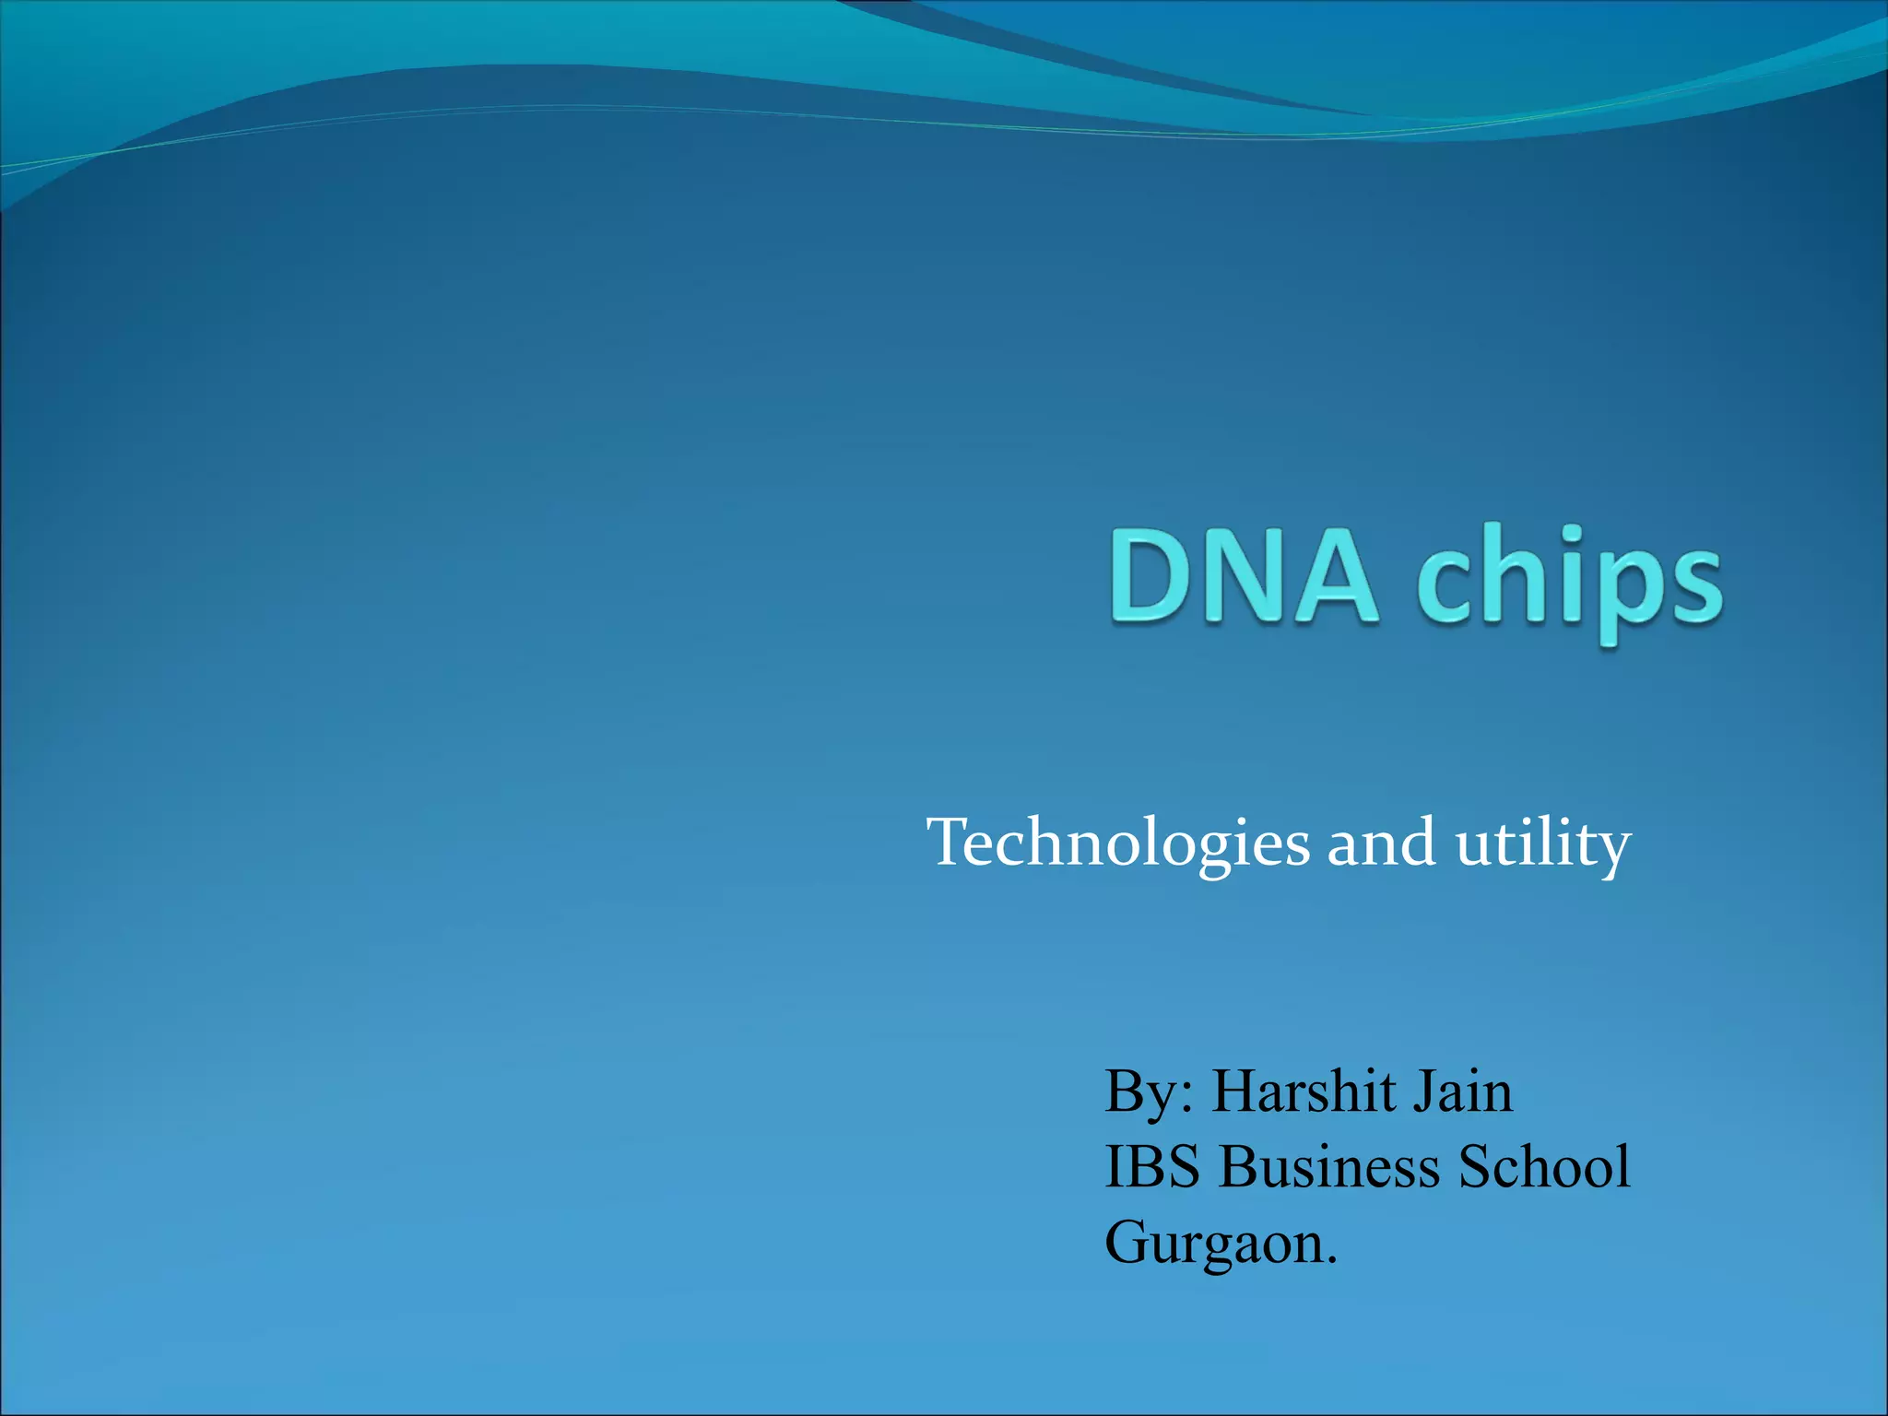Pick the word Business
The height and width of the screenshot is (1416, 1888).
[1327, 1167]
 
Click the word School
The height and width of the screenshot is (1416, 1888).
[1544, 1167]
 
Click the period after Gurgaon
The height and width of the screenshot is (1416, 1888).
[1331, 1261]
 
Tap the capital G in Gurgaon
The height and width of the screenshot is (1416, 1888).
[1130, 1242]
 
